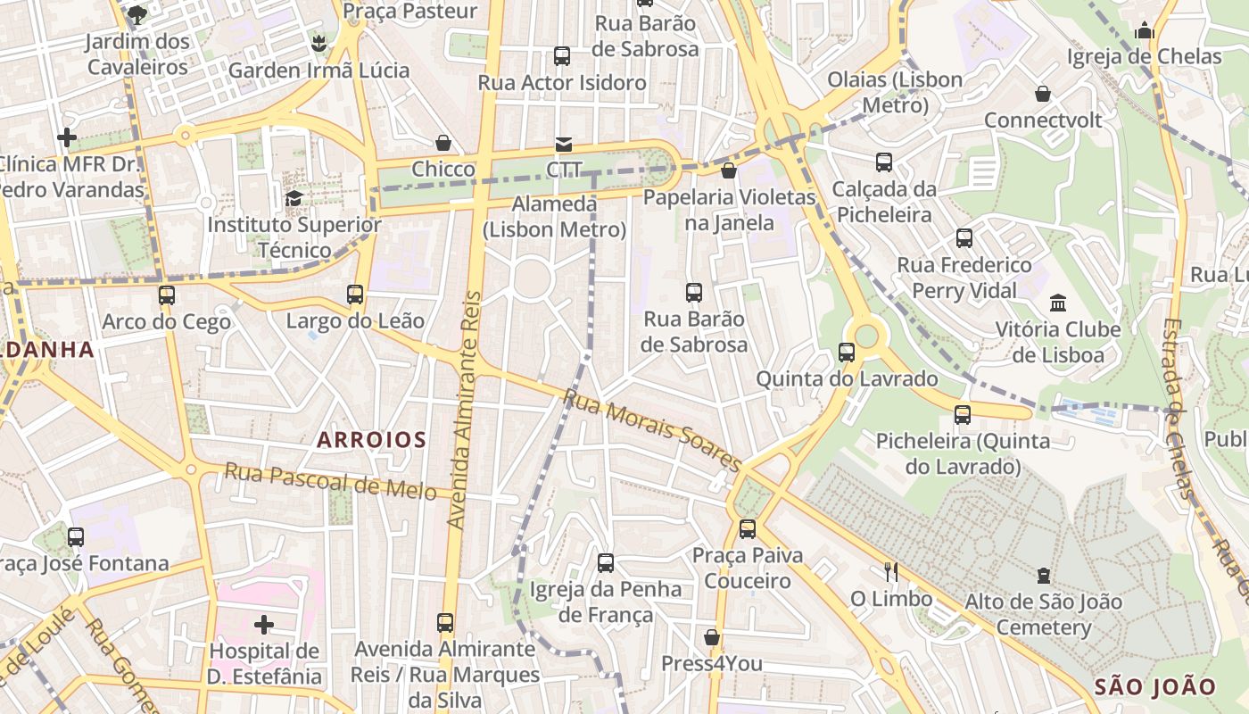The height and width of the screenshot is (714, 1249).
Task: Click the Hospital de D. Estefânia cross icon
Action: (264, 624)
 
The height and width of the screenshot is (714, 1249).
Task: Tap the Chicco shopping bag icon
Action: (443, 143)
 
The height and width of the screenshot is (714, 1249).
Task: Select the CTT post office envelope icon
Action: (564, 144)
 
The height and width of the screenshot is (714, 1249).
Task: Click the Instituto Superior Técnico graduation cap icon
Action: (294, 198)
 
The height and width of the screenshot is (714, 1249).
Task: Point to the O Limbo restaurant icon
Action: (890, 572)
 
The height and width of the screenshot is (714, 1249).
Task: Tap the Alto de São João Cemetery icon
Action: (1043, 576)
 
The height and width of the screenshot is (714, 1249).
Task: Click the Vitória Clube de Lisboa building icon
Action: (1058, 303)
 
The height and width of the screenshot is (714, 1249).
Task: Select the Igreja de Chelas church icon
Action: (1145, 31)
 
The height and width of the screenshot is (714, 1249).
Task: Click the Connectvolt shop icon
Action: (1042, 94)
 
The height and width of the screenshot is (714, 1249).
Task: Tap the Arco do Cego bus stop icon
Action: (167, 295)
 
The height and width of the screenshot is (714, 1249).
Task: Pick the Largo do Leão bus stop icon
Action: (355, 295)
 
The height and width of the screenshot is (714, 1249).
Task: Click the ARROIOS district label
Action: (371, 439)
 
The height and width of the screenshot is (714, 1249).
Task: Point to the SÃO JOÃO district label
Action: (1154, 686)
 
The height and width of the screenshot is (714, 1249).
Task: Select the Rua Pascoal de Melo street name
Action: (330, 481)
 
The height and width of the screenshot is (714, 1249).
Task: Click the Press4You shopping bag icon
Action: (712, 637)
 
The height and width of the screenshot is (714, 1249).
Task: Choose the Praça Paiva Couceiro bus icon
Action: (748, 529)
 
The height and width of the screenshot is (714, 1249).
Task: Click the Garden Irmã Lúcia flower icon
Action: (318, 43)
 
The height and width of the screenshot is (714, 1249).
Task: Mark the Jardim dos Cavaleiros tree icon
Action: (137, 13)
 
